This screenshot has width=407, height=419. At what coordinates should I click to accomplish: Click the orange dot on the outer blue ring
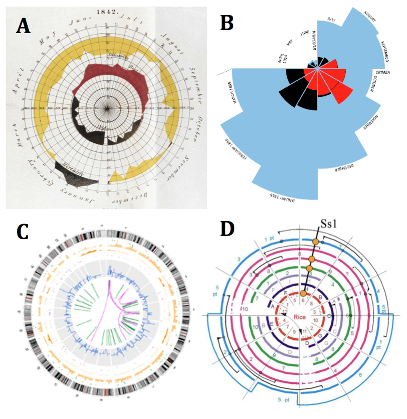pos(316,243)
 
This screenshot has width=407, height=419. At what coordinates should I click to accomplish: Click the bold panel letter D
pos(228,229)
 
